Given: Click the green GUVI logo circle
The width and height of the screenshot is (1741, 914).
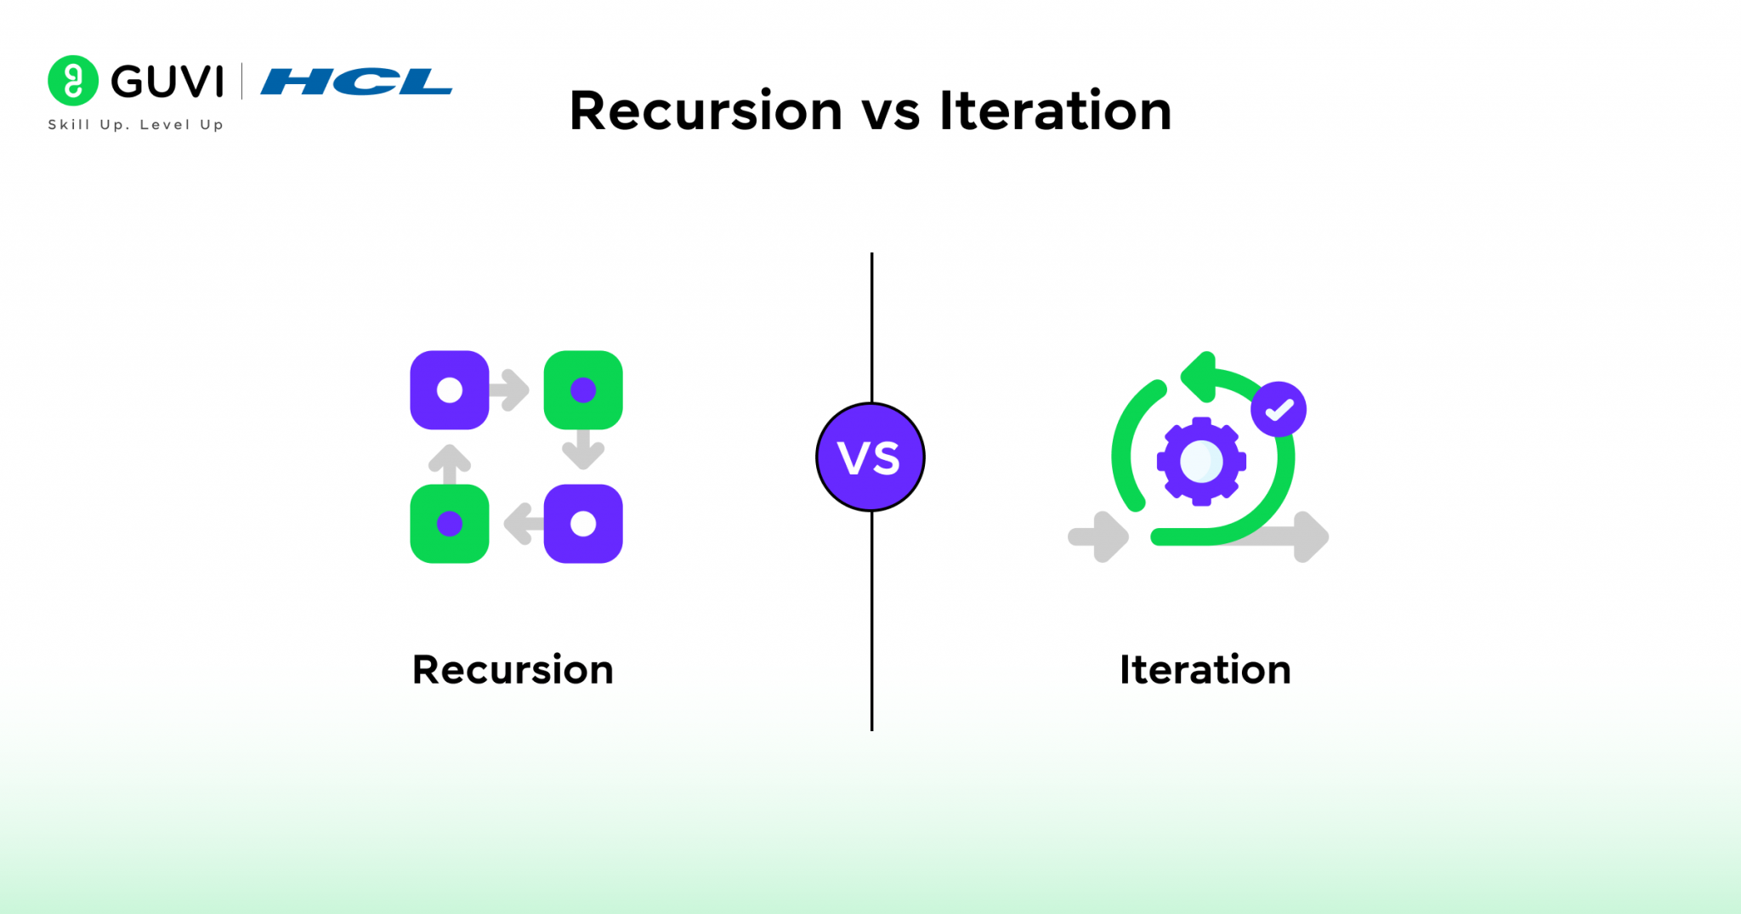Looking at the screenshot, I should (x=73, y=81).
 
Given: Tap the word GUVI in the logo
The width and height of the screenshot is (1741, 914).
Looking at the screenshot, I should (x=167, y=82).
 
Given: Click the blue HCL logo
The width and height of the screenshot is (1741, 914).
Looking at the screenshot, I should (x=356, y=82).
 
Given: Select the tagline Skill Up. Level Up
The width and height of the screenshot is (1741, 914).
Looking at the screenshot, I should (x=135, y=124).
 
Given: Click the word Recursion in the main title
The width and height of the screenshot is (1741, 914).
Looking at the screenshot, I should (x=706, y=111).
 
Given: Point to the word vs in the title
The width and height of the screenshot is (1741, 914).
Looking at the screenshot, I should (x=890, y=112).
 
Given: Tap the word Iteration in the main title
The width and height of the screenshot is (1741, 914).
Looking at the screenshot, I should (x=1055, y=111).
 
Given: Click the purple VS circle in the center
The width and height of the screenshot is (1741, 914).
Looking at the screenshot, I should (x=870, y=457).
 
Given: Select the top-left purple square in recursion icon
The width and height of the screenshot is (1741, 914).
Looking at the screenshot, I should (x=449, y=389).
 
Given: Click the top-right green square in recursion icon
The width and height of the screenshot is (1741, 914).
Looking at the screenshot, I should (x=583, y=389).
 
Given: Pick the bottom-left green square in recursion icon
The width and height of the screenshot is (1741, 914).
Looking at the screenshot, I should (x=449, y=524).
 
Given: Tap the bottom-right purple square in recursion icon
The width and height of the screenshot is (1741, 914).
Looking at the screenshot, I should (x=583, y=524).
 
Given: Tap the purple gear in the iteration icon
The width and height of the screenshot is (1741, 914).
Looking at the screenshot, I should (x=1201, y=462).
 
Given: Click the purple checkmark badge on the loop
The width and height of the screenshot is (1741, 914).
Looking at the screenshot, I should (x=1278, y=410).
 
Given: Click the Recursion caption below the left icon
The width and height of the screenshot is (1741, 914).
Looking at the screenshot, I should (x=513, y=670).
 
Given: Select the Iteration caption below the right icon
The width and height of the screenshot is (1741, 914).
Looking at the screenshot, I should (x=1205, y=670).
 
